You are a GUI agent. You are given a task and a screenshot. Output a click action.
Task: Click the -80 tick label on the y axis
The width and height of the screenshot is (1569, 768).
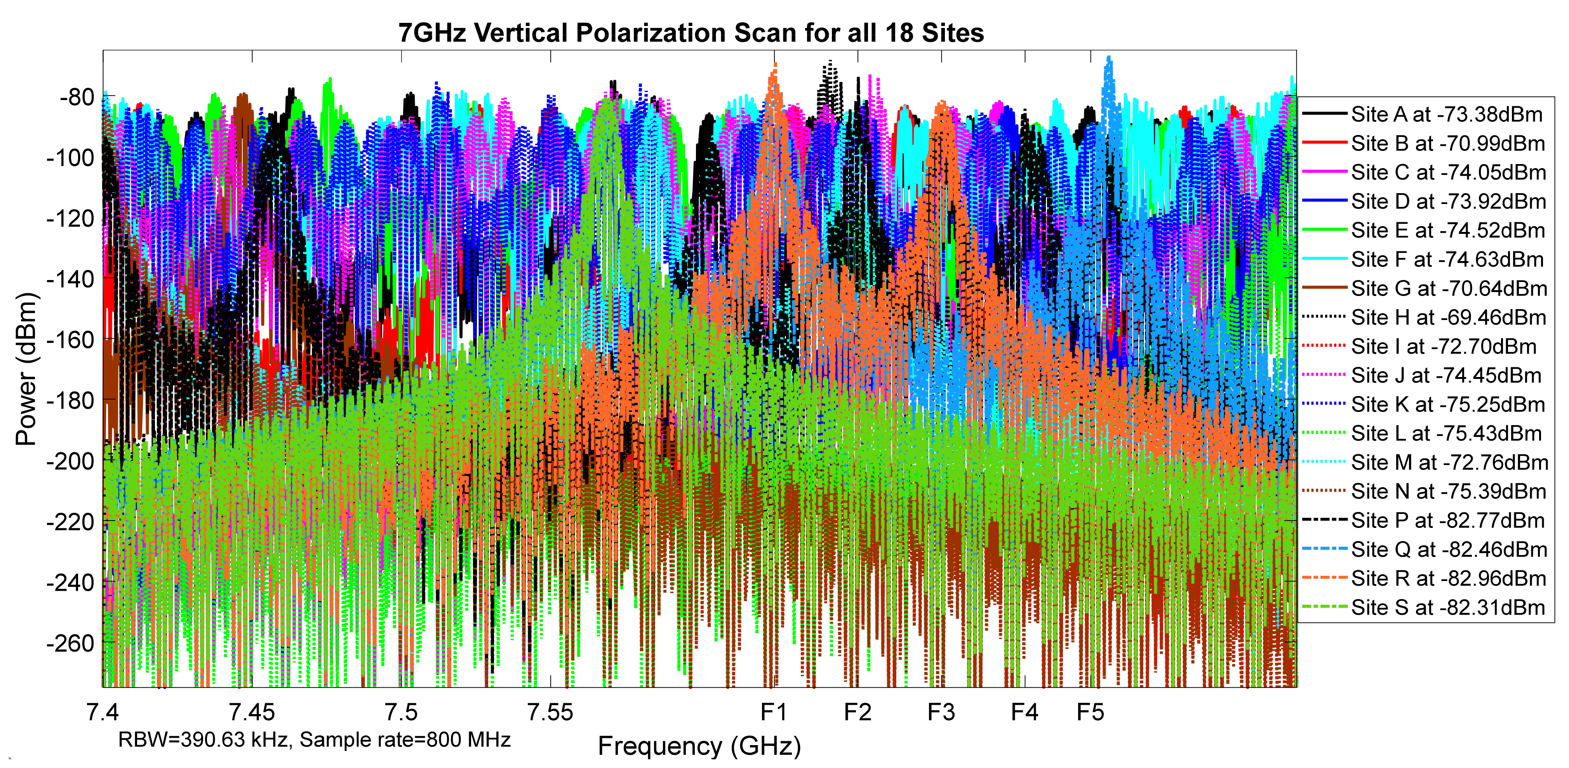click(x=77, y=97)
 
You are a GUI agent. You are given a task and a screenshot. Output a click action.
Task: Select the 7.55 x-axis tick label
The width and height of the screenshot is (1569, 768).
click(x=550, y=712)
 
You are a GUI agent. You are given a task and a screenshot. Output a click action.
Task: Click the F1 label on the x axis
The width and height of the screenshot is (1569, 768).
click(x=774, y=712)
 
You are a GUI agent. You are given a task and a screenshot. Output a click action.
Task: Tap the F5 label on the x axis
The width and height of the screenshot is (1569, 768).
click(x=1090, y=712)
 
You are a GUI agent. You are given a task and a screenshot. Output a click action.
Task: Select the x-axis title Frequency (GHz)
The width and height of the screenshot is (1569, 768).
click(x=699, y=746)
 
